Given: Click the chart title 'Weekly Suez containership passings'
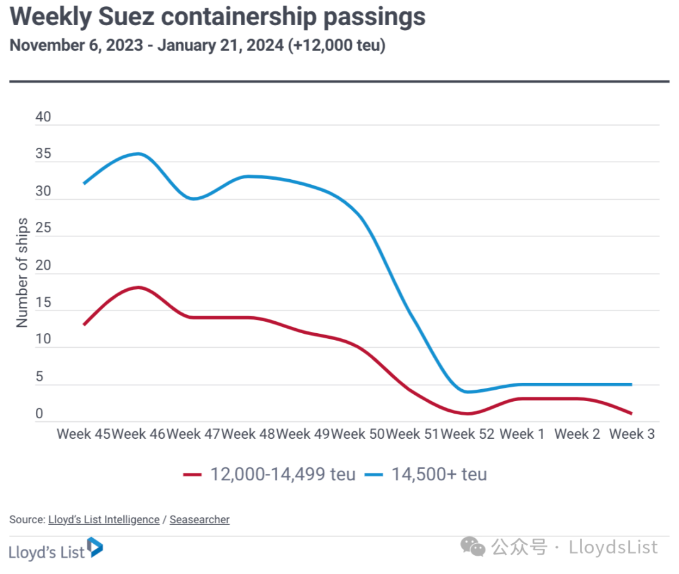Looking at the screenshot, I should (218, 18).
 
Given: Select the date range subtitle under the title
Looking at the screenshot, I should (197, 46).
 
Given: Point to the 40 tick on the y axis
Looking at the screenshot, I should (43, 118).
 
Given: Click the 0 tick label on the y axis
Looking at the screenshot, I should (39, 414).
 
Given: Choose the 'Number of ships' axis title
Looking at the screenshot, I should (23, 273).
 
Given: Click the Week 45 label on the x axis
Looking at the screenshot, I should (83, 434).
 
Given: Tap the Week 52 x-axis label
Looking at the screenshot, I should (468, 434).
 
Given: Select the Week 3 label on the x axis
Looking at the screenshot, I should (632, 434).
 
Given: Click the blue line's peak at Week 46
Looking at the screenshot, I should (138, 153).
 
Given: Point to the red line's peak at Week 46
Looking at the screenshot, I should (138, 287).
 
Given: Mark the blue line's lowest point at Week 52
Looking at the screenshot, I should (467, 392).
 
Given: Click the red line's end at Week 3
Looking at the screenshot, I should (631, 414).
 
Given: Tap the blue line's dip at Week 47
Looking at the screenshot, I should (193, 199).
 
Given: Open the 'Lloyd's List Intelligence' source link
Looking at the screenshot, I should (104, 519).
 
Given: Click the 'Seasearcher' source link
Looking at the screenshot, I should (199, 519).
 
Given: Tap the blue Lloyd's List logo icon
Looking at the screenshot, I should (95, 547).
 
